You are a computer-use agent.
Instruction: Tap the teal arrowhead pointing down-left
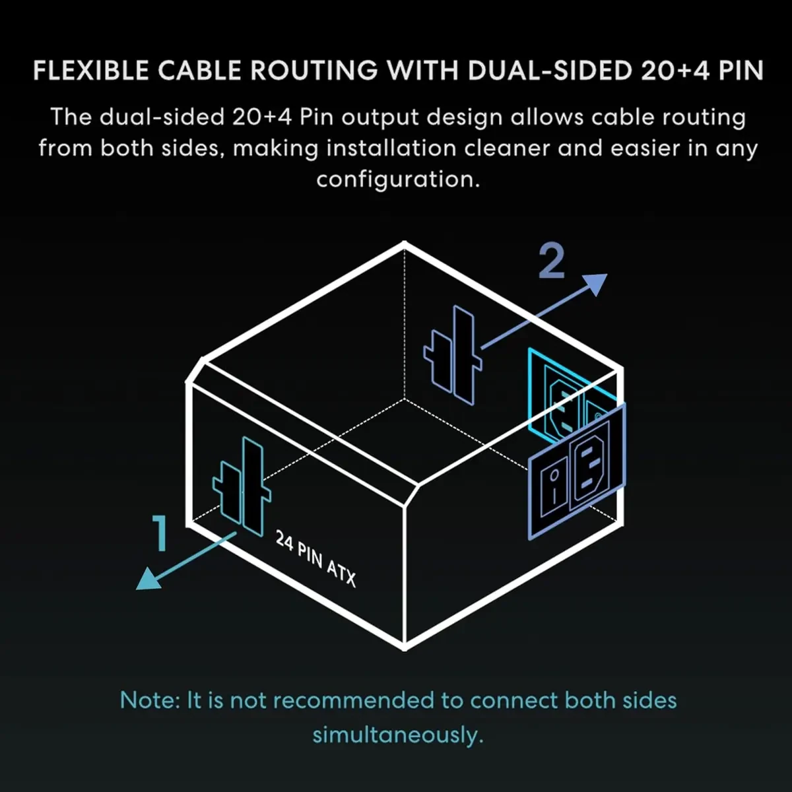[148, 580]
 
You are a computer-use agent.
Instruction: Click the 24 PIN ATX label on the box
[315, 558]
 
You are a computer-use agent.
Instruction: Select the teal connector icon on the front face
[242, 486]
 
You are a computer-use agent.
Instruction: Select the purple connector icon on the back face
[453, 355]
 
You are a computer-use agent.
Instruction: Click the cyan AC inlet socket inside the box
[562, 405]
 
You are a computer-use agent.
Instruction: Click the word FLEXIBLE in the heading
[90, 70]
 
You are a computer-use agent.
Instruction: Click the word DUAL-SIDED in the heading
[549, 70]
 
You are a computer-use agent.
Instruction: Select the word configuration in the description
[398, 180]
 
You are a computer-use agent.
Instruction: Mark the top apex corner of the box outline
[405, 244]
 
